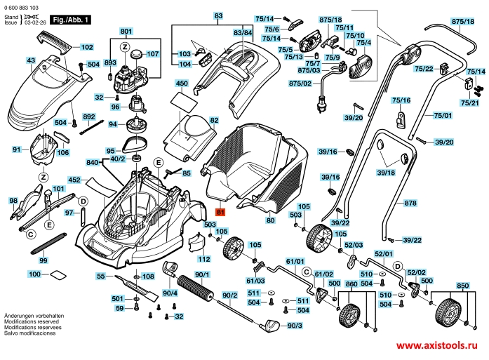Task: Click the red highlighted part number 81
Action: click(220, 211)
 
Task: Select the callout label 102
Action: click(87, 47)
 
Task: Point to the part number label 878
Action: click(410, 203)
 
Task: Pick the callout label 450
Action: click(182, 84)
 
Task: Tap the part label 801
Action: click(126, 32)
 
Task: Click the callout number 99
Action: click(43, 260)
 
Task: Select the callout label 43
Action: click(31, 61)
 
